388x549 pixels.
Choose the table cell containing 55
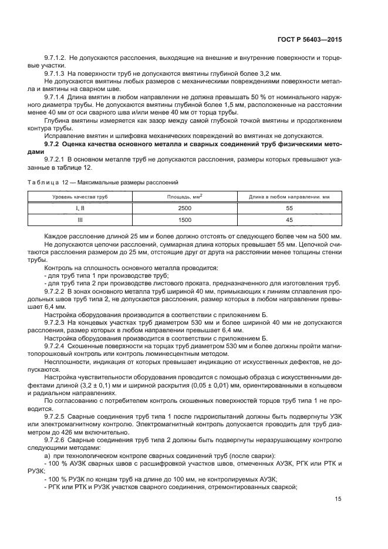click(288, 208)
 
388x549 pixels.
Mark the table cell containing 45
click(288, 220)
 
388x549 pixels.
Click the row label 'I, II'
click(80, 208)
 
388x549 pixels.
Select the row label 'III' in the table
click(80, 220)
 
